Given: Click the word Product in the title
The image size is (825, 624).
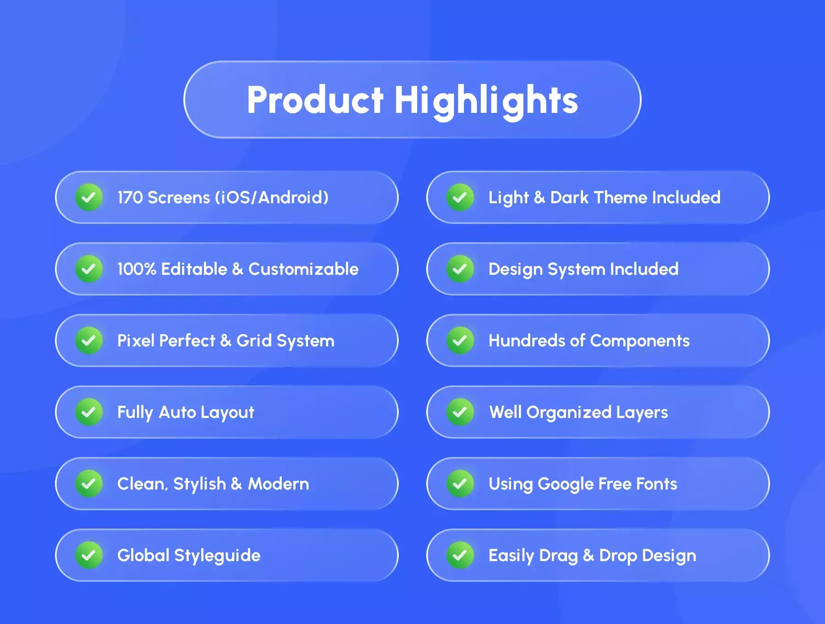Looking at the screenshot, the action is tap(315, 100).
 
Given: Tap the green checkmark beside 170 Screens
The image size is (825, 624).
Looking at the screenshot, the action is tap(89, 197).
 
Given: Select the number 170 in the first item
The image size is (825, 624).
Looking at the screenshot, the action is tap(130, 198).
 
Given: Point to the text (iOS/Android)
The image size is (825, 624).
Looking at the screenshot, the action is tap(272, 198).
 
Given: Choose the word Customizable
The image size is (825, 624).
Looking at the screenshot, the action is tap(303, 269).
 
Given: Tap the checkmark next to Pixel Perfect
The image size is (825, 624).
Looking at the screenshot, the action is tap(89, 340).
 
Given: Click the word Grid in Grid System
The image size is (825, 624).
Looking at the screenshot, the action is tap(254, 341).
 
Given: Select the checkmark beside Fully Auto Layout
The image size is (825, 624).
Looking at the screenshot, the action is tap(89, 412).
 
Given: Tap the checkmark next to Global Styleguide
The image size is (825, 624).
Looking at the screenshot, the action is tap(89, 555).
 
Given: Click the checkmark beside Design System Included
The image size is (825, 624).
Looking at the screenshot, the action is tap(460, 269).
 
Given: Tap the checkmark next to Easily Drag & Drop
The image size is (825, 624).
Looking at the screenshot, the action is tap(460, 555).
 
